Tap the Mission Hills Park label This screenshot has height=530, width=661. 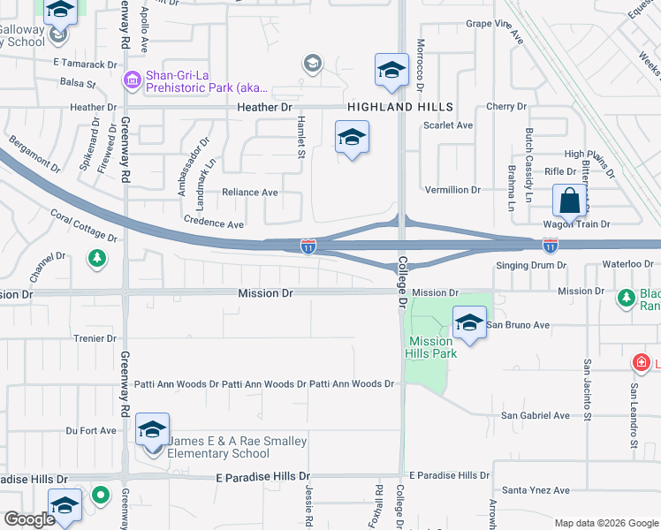pos(432,347)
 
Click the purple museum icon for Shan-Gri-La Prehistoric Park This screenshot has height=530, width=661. pos(133,81)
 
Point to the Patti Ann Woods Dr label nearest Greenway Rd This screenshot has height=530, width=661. pos(176,384)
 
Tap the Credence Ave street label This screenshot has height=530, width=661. pos(213,224)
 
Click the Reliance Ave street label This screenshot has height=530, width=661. pos(249,193)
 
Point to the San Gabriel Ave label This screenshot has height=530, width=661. pos(535,415)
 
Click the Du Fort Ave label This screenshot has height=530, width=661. pos(91,431)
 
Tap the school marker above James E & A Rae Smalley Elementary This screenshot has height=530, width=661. pos(152,430)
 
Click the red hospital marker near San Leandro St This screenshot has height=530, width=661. pos(641,362)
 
